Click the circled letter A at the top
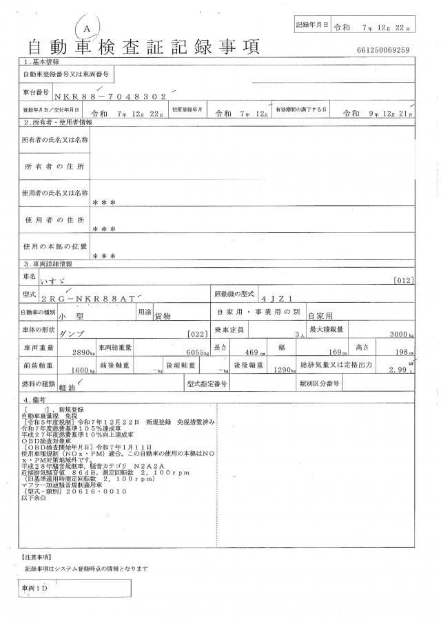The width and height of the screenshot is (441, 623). (x=88, y=25)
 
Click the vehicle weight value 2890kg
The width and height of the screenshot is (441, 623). (x=83, y=352)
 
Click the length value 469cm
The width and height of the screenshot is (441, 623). (x=253, y=352)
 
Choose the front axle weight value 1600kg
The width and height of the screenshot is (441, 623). (x=83, y=370)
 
